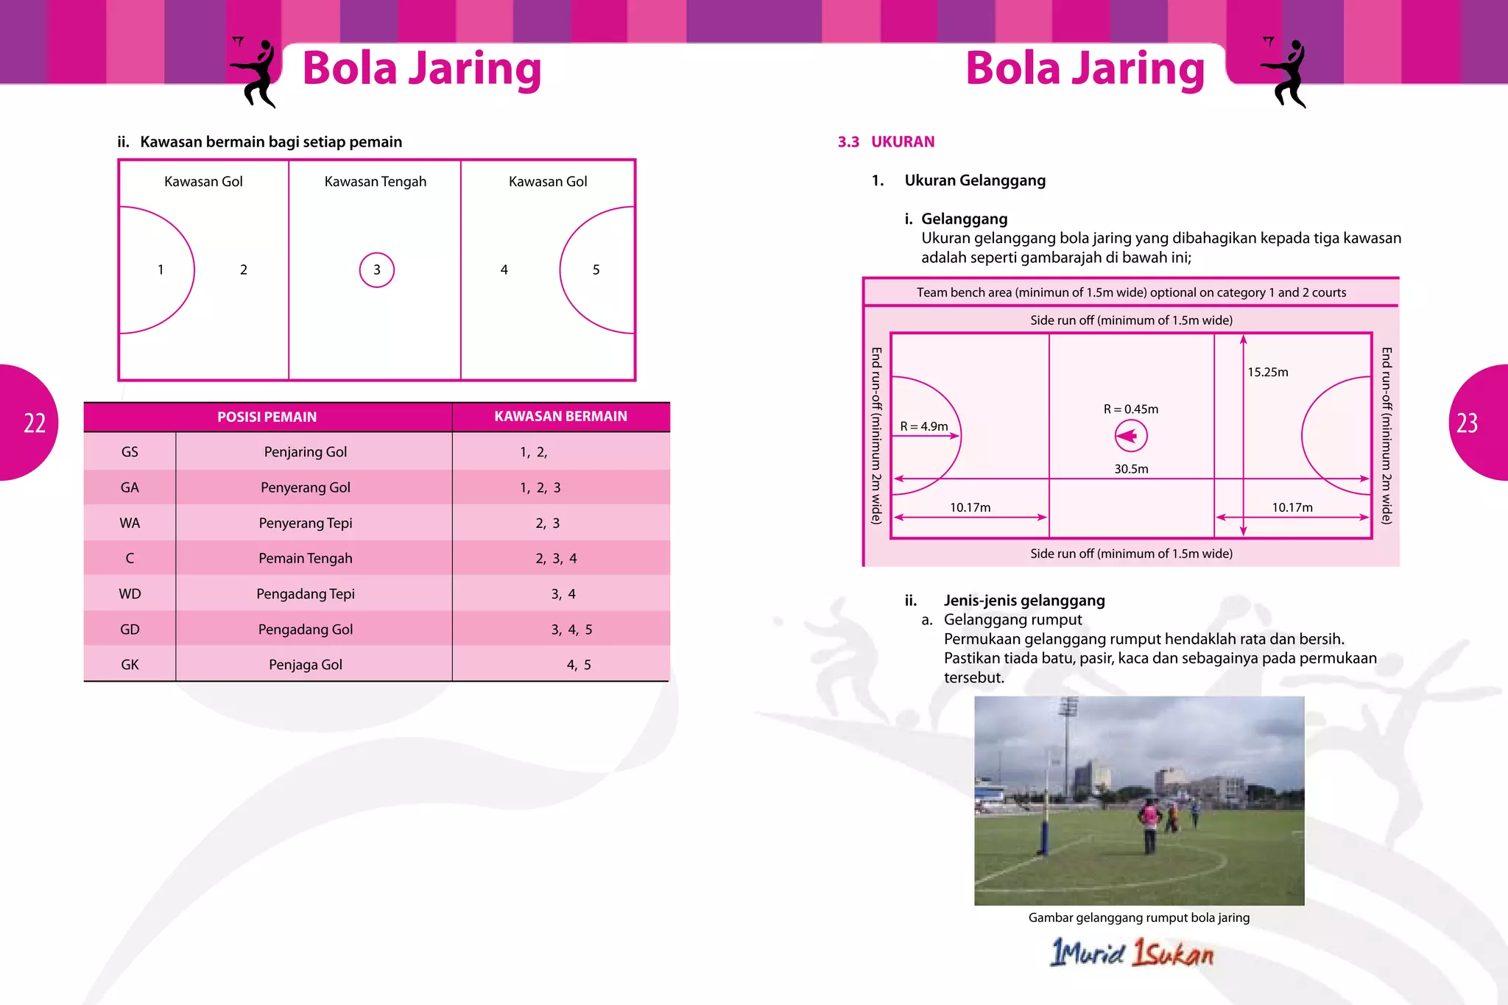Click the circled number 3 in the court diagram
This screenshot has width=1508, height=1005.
coord(376,269)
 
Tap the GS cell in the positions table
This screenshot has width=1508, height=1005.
coord(130,452)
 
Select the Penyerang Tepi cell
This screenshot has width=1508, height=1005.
coord(306,523)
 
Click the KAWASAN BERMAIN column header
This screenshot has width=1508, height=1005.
coord(560,417)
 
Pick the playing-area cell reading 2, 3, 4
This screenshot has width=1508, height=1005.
coord(556,559)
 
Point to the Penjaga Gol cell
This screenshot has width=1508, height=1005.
coord(306,665)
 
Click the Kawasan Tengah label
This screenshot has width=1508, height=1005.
coord(376,182)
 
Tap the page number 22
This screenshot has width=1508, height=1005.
coord(35,423)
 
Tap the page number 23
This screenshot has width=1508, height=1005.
coord(1467,423)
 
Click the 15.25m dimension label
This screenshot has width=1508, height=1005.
coord(1267,373)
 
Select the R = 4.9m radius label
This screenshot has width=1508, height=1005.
coord(924,426)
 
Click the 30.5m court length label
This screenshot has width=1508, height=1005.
coord(1131,469)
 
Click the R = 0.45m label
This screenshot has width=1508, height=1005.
coord(1130,409)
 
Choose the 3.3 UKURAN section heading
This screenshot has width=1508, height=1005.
coord(886,142)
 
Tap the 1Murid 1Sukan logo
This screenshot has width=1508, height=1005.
coord(1131,953)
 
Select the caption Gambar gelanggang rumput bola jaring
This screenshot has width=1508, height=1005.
coord(1138,918)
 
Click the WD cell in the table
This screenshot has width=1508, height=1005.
coord(130,594)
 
